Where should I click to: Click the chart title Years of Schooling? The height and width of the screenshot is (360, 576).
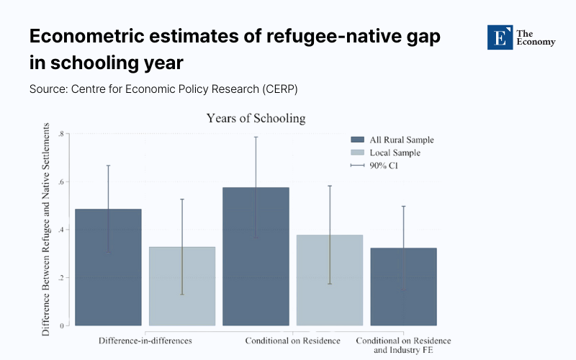256,118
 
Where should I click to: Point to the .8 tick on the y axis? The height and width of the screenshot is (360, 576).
61,134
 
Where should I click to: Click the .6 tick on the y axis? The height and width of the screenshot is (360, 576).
61,182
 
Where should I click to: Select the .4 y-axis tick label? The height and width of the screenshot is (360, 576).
61,230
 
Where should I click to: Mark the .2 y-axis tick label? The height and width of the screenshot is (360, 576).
61,278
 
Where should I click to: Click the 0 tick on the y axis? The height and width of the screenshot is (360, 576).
63,325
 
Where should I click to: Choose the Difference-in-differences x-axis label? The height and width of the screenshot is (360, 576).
145,340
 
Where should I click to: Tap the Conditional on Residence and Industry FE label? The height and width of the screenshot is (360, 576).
404,345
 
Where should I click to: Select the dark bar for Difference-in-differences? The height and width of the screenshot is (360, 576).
109,267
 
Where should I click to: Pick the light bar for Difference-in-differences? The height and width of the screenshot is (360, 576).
182,286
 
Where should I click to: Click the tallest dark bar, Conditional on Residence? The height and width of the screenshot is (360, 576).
256,256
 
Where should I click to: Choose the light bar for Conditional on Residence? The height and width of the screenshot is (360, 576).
329,280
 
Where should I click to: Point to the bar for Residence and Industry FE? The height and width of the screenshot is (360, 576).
403,287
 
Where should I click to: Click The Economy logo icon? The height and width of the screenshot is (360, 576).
498,37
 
